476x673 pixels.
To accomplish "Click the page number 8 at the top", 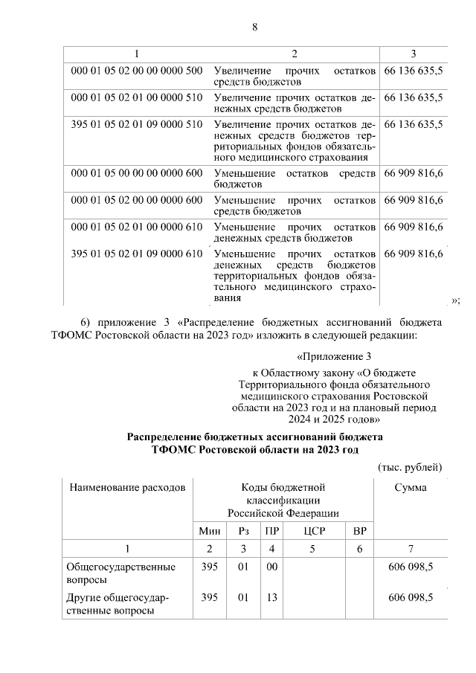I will [254, 28].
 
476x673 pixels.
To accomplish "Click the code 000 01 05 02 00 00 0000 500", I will [136, 71].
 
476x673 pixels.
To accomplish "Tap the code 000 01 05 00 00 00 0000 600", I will [136, 173].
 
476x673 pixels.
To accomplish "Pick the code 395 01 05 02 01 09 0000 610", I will [136, 254].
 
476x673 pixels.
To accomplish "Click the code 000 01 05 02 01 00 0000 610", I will [136, 227].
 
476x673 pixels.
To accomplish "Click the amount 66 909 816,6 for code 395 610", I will [414, 254].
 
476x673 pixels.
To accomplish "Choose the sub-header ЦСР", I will [313, 531].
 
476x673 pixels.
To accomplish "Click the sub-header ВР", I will [359, 531].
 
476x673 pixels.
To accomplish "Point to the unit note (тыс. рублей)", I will [411, 467].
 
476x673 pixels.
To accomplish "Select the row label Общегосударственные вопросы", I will [122, 573].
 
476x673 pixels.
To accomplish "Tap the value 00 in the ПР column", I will [271, 567].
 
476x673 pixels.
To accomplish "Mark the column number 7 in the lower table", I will [411, 549].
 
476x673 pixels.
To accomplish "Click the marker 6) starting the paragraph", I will [86, 322].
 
